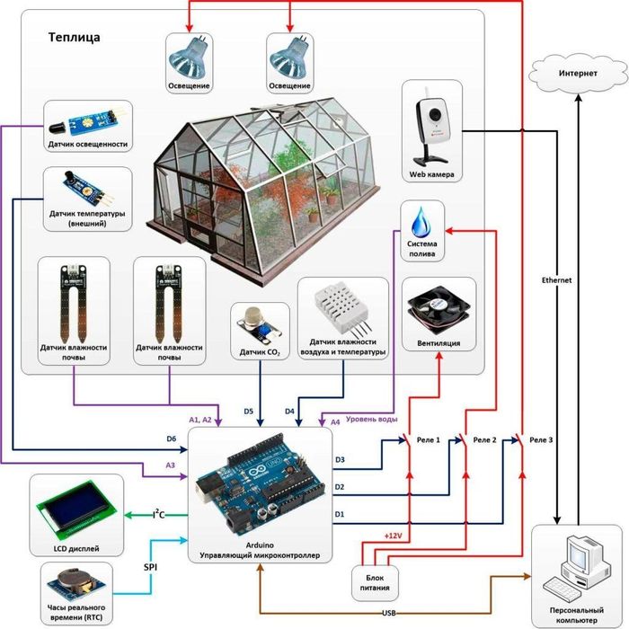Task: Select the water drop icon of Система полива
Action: (421, 220)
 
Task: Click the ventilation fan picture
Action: (439, 304)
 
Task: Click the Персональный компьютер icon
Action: (575, 567)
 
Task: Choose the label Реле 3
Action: (541, 440)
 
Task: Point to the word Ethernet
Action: (556, 280)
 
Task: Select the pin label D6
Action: (172, 439)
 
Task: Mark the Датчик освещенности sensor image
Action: (87, 120)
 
